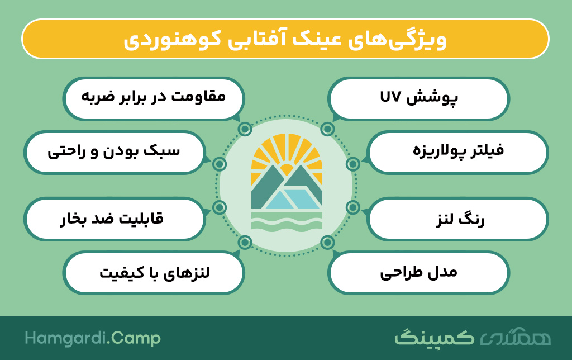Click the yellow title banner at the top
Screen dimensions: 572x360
coord(285,39)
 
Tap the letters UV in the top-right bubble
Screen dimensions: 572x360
coord(390,97)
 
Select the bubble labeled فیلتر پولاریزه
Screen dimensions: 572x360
coord(457,152)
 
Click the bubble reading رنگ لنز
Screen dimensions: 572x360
coord(457,219)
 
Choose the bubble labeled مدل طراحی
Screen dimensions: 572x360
coord(418,273)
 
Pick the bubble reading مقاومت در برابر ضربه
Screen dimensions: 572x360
coord(154,98)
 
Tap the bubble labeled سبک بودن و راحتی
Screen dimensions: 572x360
coord(114,152)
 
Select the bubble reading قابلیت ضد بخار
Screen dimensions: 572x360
coord(114,219)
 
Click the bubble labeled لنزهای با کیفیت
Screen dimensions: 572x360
coord(154,273)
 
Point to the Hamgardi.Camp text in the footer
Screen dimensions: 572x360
coord(93,338)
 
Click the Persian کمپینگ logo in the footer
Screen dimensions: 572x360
coord(435,338)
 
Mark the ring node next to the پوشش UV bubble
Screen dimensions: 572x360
coord(327,129)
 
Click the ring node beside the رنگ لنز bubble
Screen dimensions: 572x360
coord(353,207)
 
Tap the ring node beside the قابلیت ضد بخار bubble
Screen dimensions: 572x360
coord(220,207)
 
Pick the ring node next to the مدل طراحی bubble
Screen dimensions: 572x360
coord(327,243)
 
